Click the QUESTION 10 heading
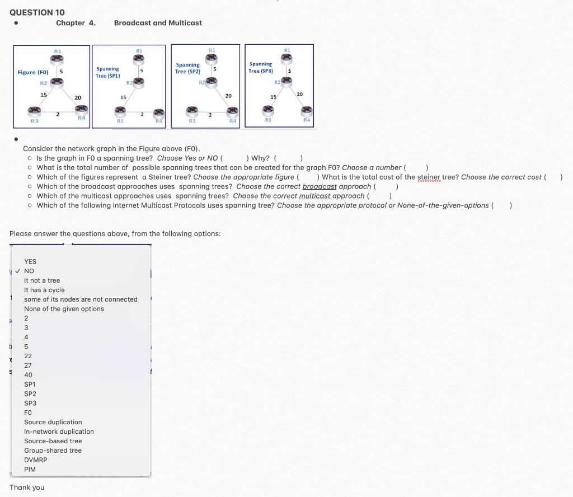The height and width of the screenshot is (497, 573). pos(37,12)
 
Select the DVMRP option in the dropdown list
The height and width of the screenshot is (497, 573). pos(35,460)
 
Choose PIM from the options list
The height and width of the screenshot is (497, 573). pos(30,469)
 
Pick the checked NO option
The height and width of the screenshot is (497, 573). pos(29,271)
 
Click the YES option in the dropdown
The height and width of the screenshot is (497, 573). pos(30,261)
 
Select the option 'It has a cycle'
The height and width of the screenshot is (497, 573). pos(44,290)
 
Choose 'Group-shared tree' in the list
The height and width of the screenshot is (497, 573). pos(53,451)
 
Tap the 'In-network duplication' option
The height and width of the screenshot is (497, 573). pos(59,432)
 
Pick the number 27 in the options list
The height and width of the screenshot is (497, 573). pos(28,365)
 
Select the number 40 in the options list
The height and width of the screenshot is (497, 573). pos(28,374)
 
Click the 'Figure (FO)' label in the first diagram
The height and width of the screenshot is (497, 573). pos(33,72)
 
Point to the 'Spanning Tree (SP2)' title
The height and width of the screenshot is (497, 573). pos(187,68)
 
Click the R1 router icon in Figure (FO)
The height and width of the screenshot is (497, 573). pos(57,59)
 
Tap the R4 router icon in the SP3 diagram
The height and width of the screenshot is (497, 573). pos(306,111)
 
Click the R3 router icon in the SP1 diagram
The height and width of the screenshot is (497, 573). pos(119,112)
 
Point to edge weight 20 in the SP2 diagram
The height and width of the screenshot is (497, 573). pos(228,96)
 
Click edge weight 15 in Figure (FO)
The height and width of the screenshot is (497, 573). pos(43,95)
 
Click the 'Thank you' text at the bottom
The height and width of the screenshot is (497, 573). pos(27,487)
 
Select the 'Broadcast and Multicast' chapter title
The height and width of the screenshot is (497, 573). pos(158,23)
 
